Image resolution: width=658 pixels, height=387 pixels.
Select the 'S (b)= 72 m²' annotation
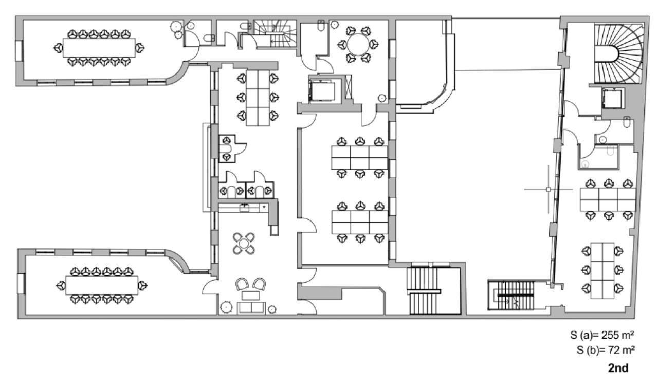[x=606, y=351]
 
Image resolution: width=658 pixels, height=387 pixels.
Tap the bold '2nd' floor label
[x=618, y=368]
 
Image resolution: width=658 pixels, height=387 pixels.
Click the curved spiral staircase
[x=619, y=54]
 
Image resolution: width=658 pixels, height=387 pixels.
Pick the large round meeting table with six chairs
[x=356, y=44]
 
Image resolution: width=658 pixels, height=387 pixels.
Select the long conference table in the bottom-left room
[x=102, y=285]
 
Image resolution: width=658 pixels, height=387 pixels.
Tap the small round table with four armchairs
[x=244, y=243]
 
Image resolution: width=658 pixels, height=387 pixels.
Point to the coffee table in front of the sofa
[x=251, y=295]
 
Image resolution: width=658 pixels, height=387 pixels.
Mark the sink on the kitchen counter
[x=245, y=208]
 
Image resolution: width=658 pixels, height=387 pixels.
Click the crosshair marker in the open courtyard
[x=549, y=190]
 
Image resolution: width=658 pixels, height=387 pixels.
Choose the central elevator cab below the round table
[x=322, y=90]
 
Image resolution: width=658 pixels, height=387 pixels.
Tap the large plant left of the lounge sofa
[x=226, y=307]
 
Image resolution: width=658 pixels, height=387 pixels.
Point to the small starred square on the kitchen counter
[x=264, y=207]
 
